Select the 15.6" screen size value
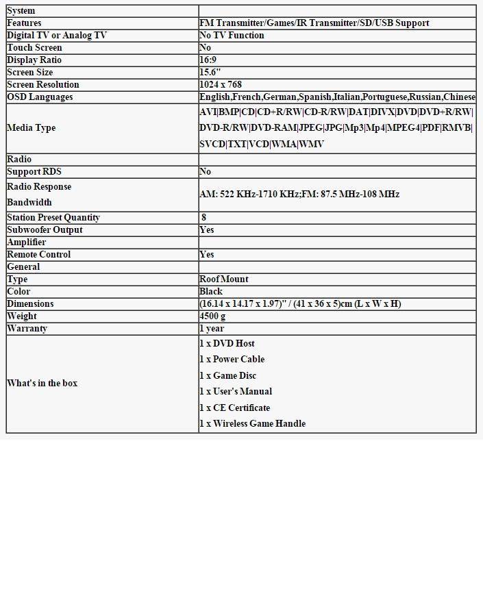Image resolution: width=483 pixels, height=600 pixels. tap(210, 73)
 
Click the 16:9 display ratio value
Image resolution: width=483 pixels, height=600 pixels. tap(208, 60)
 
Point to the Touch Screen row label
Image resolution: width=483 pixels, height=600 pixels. tap(34, 48)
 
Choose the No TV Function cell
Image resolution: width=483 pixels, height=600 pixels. tap(232, 36)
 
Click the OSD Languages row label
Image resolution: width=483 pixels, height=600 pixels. tap(40, 97)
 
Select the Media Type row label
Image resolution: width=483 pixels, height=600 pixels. tap(32, 128)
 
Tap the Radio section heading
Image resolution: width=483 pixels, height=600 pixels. tap(19, 160)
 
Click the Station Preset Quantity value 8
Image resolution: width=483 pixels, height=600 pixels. tap(204, 218)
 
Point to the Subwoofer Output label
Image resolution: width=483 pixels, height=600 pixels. tap(45, 230)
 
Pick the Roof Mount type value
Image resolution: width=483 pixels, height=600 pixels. tap(224, 279)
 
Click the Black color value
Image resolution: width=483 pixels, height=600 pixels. tap(211, 292)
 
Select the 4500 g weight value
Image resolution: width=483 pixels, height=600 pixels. tap(212, 316)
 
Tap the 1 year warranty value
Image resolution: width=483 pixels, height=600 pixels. tap(212, 329)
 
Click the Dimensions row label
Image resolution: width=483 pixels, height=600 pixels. tap(30, 304)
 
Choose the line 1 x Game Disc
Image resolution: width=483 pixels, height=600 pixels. tap(228, 376)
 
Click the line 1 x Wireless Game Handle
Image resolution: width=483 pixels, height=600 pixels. tap(253, 424)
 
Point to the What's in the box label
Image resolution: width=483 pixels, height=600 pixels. tap(42, 384)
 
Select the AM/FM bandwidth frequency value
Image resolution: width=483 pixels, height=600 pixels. tap(299, 195)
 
